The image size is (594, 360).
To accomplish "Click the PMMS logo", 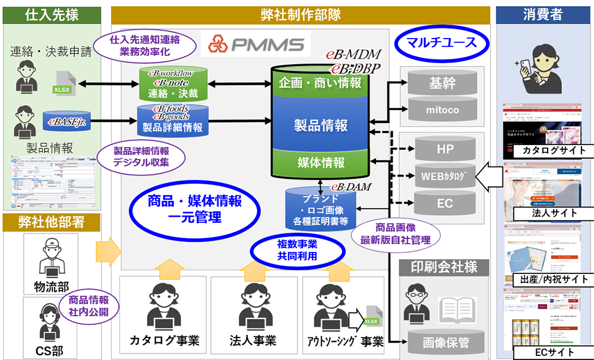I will [x=256, y=44].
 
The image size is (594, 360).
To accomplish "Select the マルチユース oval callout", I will [x=442, y=42].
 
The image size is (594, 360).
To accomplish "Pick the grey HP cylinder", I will [x=445, y=149].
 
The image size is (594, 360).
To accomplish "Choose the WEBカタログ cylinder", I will [x=445, y=176].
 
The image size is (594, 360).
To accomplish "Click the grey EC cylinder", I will [x=445, y=203].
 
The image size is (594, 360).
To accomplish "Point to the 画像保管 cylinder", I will [x=445, y=342].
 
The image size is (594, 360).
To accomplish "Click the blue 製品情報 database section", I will [x=321, y=125].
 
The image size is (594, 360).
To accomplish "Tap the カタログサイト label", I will [x=548, y=150].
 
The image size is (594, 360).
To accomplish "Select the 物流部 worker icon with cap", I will [x=52, y=259].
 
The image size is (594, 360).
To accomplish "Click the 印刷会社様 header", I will [x=445, y=266].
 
